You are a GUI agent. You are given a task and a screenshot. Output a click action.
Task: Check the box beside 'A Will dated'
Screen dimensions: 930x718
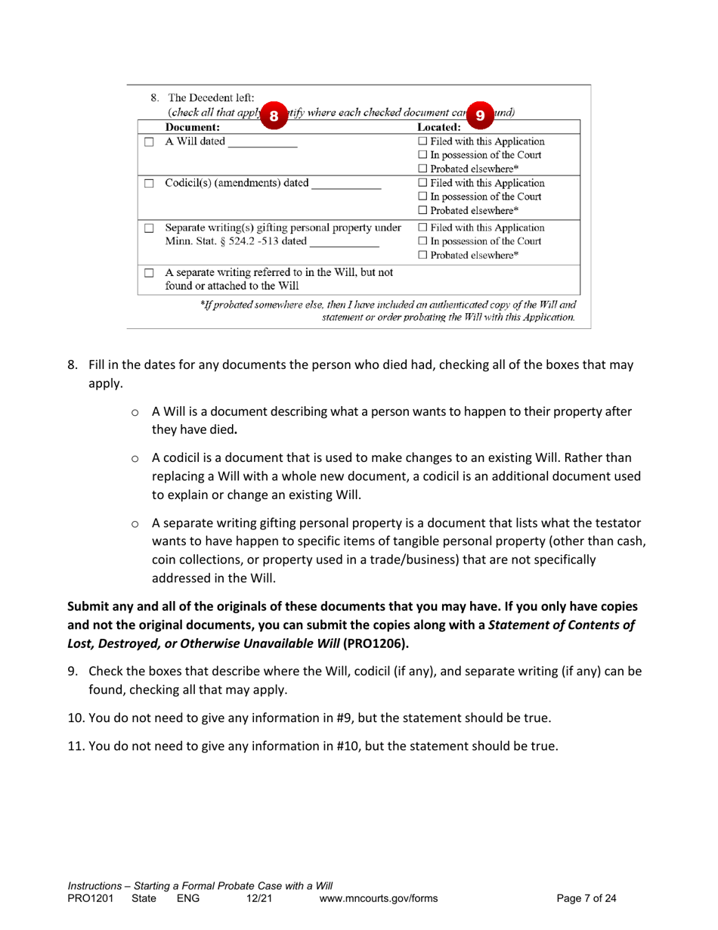coord(150,142)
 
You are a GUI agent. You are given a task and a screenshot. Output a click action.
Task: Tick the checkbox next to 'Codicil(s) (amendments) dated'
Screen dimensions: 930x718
coord(150,184)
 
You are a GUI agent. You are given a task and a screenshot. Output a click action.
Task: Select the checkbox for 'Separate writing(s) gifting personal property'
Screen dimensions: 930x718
coord(150,228)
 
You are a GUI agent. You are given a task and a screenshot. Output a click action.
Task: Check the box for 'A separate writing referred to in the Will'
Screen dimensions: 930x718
coord(150,271)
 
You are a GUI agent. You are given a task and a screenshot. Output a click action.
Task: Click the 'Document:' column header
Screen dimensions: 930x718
coord(193,129)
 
